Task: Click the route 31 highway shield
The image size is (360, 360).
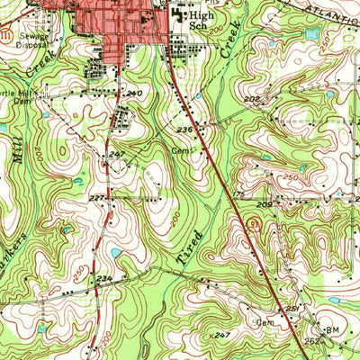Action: click(256, 225)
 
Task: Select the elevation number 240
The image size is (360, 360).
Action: click(135, 94)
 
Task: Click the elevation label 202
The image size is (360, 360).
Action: click(251, 100)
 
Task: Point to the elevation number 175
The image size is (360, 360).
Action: click(238, 193)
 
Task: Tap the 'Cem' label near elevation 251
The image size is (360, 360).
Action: click(265, 321)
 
